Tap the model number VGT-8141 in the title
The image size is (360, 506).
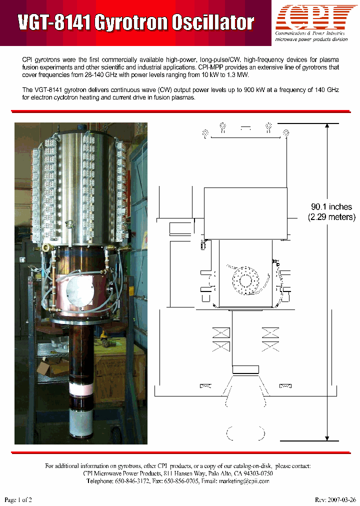(x=54, y=23)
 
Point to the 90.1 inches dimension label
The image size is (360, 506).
(x=331, y=206)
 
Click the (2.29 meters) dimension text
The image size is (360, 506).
(x=331, y=217)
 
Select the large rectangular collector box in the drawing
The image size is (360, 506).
(x=245, y=213)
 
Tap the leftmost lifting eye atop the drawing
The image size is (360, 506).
(x=205, y=133)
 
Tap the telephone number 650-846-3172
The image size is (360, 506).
(x=138, y=481)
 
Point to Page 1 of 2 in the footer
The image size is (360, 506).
(x=18, y=499)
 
